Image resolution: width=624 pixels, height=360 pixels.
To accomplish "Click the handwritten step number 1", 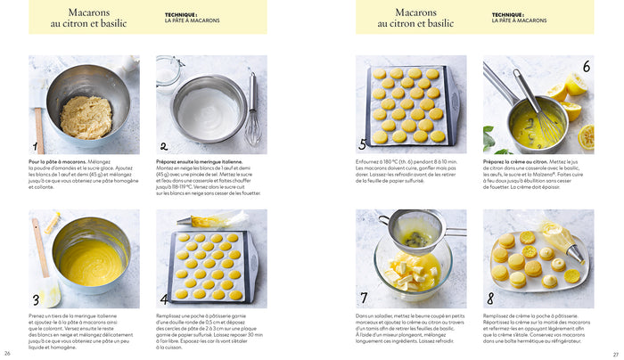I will [37, 147].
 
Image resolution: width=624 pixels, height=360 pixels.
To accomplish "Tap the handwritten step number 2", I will [163, 147].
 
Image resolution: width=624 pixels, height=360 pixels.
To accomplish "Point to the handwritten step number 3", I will [37, 299].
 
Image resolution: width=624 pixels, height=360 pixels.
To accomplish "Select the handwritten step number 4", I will [164, 299].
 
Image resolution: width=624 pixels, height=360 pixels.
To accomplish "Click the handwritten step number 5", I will [363, 144].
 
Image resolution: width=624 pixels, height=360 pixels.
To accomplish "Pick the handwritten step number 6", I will [586, 67].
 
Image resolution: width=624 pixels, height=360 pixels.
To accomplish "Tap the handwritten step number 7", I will [363, 298].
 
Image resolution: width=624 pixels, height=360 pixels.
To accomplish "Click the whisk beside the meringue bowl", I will [253, 111].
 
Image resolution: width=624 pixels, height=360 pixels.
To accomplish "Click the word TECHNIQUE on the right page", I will [506, 14].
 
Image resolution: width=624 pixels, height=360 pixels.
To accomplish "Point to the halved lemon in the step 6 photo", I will [576, 86].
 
